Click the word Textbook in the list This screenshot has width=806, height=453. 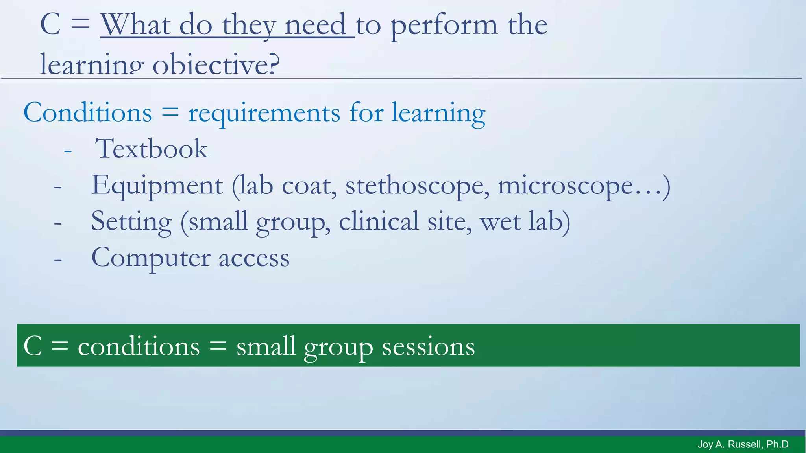pyautogui.click(x=151, y=149)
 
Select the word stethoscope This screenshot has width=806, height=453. pyautogui.click(x=418, y=186)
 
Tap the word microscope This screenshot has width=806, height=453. pyautogui.click(x=566, y=186)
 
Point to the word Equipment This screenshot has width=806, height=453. pyautogui.click(x=157, y=186)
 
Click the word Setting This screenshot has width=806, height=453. pyautogui.click(x=131, y=222)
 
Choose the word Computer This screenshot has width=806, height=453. pyautogui.click(x=150, y=258)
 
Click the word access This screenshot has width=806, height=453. pyautogui.click(x=254, y=258)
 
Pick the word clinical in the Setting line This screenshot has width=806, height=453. pyautogui.click(x=379, y=222)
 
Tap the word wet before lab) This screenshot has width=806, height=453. pyautogui.click(x=499, y=222)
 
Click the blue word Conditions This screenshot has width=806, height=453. pyautogui.click(x=88, y=113)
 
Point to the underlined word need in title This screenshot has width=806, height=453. pyautogui.click(x=315, y=25)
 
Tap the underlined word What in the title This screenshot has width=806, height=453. pyautogui.click(x=135, y=25)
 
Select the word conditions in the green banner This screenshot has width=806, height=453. pyautogui.click(x=139, y=346)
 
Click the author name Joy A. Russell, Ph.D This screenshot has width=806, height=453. pyautogui.click(x=743, y=444)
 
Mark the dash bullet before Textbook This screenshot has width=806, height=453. pyautogui.click(x=68, y=151)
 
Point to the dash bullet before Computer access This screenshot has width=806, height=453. pyautogui.click(x=58, y=260)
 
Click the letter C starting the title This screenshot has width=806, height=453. pyautogui.click(x=50, y=24)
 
